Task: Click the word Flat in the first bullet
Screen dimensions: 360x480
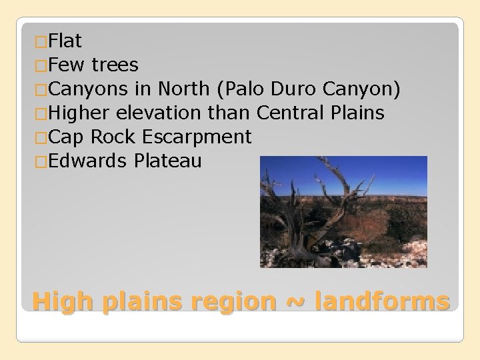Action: coord(65,41)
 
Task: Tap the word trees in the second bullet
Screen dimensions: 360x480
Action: coord(115,65)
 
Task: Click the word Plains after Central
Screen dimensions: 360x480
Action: coord(357,113)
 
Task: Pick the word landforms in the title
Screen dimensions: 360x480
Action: coord(383,301)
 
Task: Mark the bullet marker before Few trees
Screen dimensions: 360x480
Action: coord(41,66)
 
